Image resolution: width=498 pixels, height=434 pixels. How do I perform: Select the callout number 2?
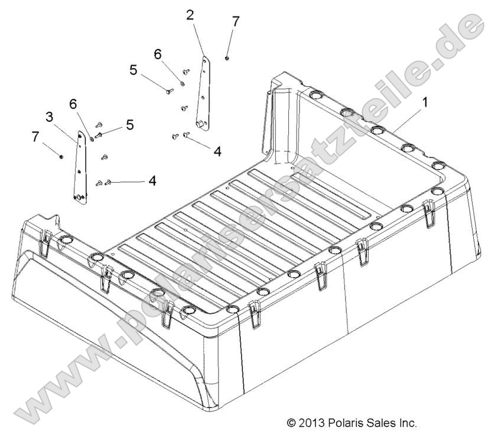pos(190,15)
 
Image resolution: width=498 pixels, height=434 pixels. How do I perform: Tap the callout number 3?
pos(50,115)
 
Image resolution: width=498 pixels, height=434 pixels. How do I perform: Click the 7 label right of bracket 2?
pos(236,21)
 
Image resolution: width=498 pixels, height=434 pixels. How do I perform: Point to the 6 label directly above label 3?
pos(73,104)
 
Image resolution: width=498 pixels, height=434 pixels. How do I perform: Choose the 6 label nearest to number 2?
pos(158,54)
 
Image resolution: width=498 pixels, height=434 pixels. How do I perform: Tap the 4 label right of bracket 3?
pos(152,180)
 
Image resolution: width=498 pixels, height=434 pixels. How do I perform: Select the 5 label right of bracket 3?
pos(129,125)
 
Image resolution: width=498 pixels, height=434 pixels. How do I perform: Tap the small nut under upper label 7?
pos(227,57)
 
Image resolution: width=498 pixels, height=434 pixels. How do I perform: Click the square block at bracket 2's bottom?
pos(203,124)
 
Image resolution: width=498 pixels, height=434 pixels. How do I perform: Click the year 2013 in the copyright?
pos(311,423)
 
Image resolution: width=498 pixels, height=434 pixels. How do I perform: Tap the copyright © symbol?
pos(291,423)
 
